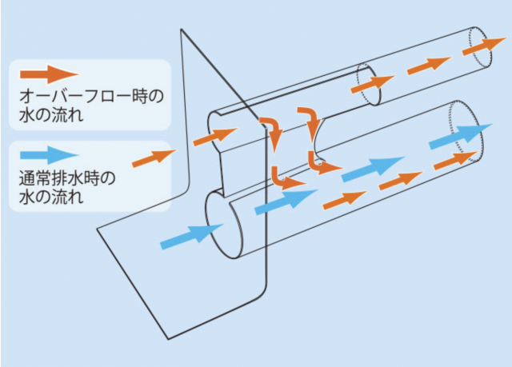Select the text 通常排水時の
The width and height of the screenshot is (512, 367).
tap(66, 177)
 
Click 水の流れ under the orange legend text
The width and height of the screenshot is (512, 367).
tap(50, 117)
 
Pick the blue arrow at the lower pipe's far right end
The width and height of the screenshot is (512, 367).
tap(456, 136)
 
